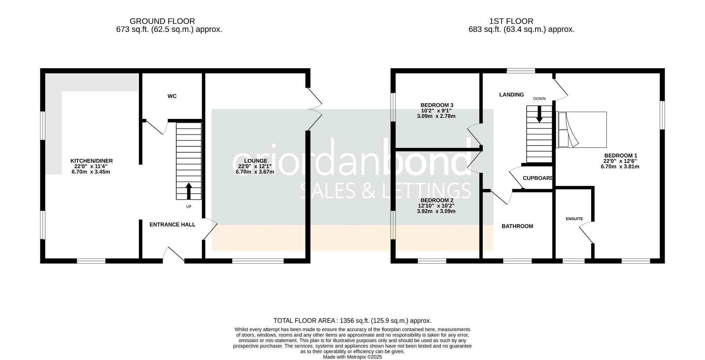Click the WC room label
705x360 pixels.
172,96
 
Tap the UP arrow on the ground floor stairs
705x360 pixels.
189,191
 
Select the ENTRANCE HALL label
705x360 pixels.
172,225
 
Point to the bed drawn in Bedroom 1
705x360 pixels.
582,130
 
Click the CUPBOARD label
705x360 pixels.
538,178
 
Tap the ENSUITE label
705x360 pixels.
574,219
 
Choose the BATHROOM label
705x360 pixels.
517,226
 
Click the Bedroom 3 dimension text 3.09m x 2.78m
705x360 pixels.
436,116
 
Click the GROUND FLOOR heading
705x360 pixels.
162,21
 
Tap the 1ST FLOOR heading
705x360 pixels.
511,21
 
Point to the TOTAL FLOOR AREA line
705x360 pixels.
352,321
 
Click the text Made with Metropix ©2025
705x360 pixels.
352,357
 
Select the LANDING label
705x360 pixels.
511,95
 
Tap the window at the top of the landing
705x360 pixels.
521,71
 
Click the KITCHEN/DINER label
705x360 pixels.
91,161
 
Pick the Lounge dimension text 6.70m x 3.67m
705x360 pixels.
255,172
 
